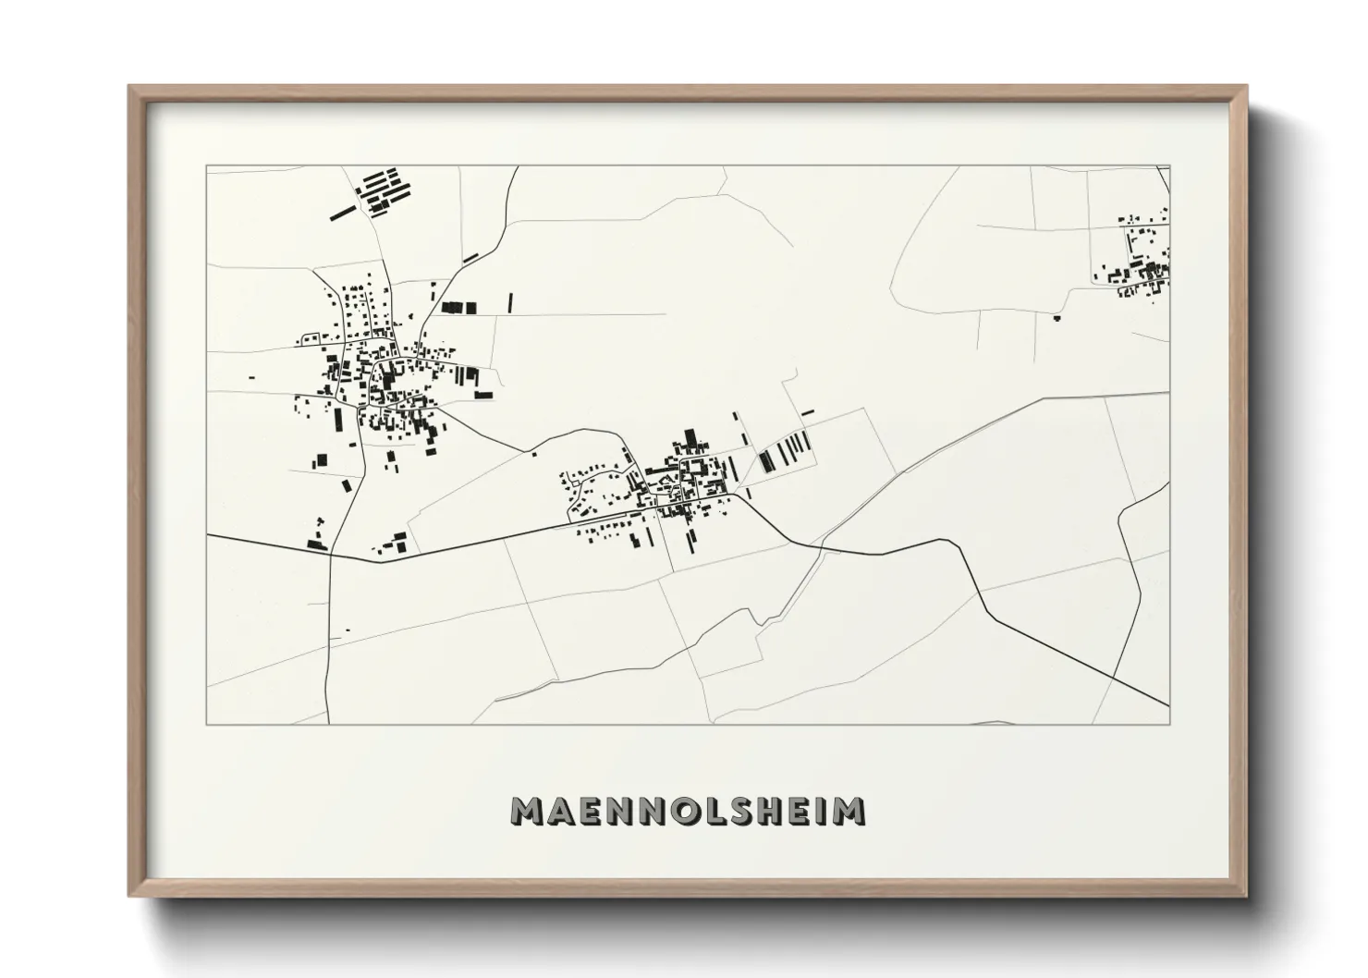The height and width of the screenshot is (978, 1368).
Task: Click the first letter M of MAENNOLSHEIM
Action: tap(528, 811)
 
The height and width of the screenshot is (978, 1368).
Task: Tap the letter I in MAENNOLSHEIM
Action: tap(819, 811)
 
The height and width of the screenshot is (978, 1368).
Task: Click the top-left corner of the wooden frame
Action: tap(129, 87)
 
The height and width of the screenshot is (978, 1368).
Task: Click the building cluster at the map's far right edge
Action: tap(1142, 263)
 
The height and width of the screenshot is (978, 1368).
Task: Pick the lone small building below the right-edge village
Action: tap(1057, 318)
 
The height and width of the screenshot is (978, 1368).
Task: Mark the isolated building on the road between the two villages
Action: tap(533, 454)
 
